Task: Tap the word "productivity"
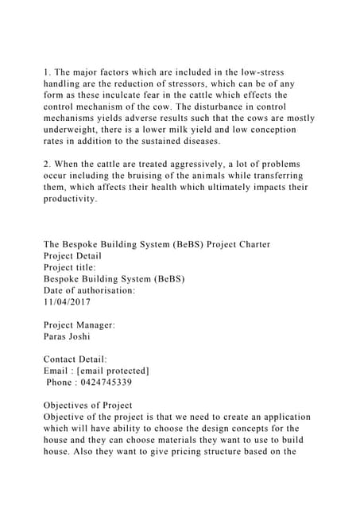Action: (x=71, y=199)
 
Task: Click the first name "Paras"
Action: (x=56, y=336)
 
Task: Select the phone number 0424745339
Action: (x=110, y=383)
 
